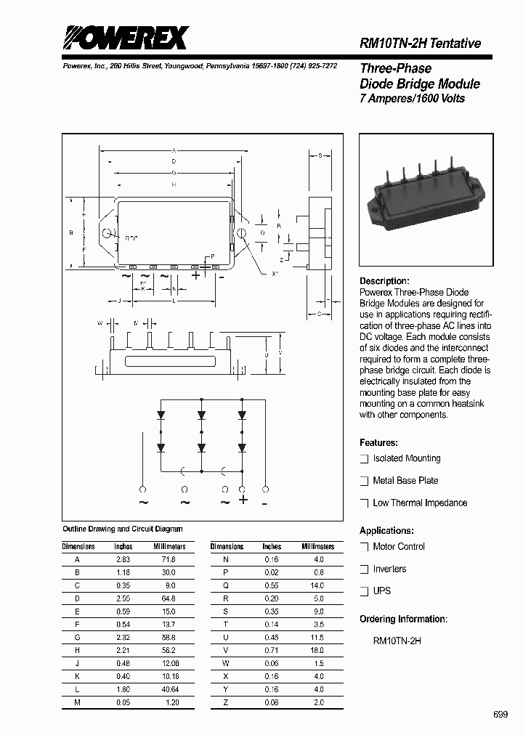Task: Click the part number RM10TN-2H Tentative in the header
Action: pos(420,44)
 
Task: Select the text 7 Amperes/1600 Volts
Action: pos(412,99)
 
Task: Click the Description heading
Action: pos(384,281)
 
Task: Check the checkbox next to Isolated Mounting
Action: pos(365,459)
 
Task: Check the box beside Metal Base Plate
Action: pos(365,481)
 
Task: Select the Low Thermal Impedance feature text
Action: pos(420,503)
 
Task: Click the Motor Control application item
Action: pos(399,546)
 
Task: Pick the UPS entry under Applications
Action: pos(381,590)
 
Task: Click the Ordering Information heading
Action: pos(403,619)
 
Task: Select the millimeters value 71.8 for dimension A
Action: pos(169,560)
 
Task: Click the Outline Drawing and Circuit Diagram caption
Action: pos(123,529)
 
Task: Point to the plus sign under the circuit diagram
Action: pos(243,500)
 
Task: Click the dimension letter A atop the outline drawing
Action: pos(174,150)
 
